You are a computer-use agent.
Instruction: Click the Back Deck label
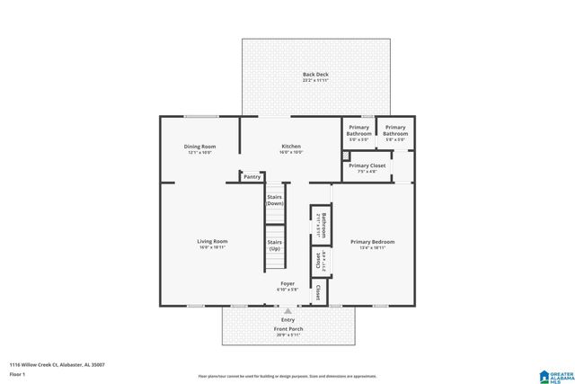pos(315,74)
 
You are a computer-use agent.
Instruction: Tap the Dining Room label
pos(199,147)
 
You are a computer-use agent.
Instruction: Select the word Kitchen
pos(291,147)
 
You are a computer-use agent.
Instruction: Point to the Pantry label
pos(252,177)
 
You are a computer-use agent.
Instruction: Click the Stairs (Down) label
pos(275,200)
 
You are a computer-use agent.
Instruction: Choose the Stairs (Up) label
pos(275,245)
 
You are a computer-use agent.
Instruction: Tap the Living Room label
pos(213,241)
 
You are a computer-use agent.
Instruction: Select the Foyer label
pos(287,283)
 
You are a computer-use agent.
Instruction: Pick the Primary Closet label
pos(367,165)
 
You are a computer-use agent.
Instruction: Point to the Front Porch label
pos(287,329)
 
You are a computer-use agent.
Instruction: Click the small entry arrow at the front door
pos(287,311)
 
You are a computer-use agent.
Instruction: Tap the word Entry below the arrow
pos(287,320)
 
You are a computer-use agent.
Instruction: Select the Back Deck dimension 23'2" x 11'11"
pos(315,81)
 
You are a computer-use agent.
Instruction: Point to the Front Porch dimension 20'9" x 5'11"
pos(287,335)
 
